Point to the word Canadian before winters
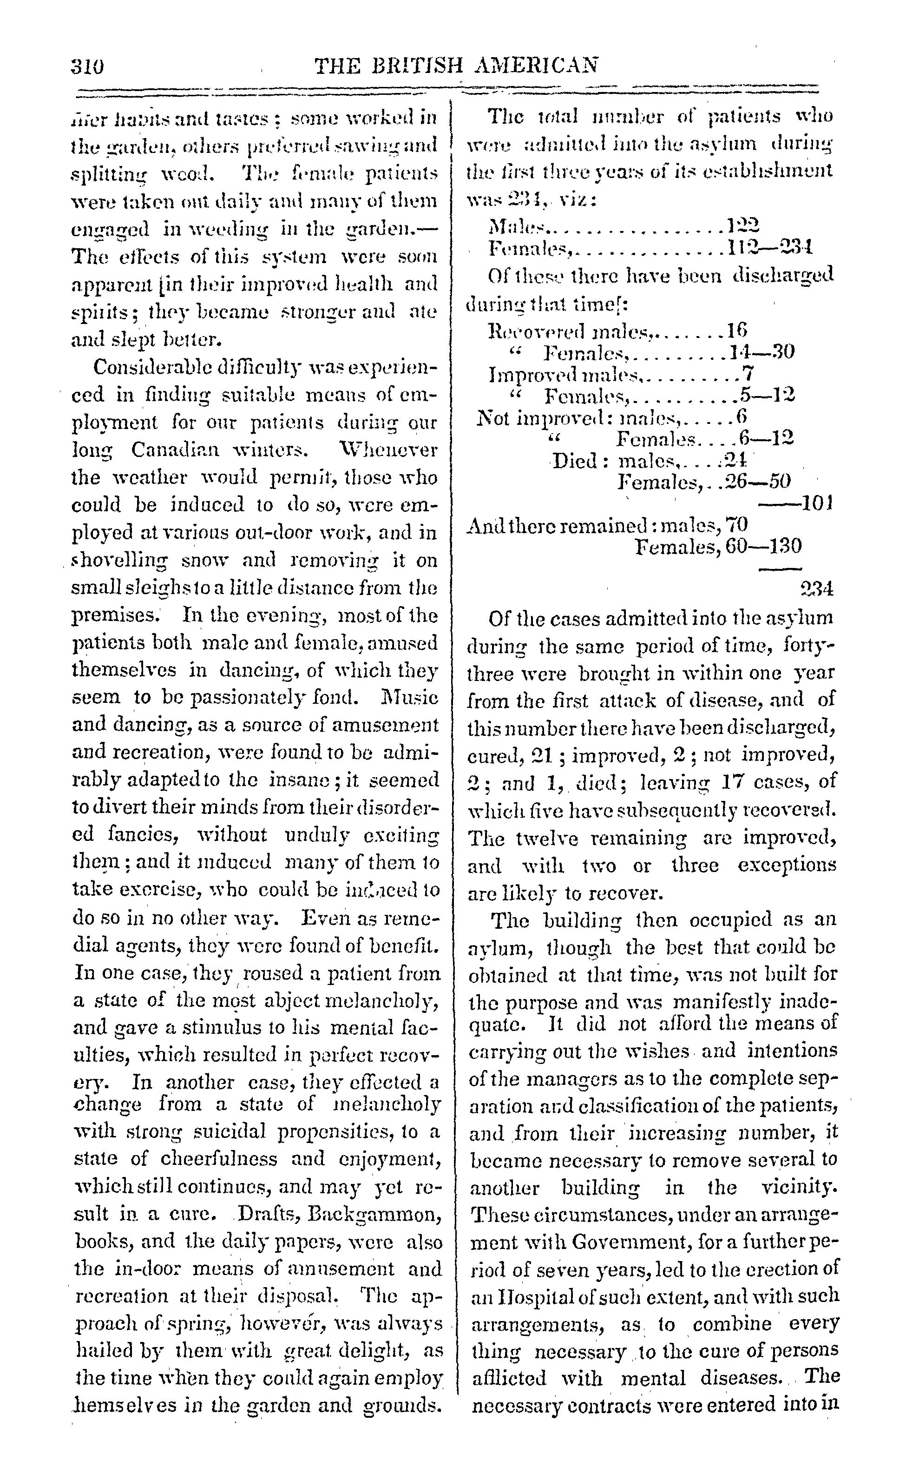[x=174, y=449]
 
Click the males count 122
[x=742, y=225]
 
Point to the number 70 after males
[x=736, y=525]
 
